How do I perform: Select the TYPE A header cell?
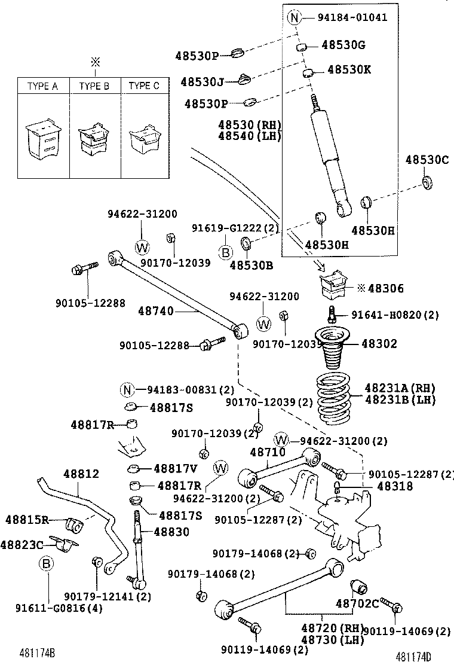[42, 86]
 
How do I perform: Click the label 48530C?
[427, 160]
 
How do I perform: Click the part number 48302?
[378, 344]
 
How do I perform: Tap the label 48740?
[156, 311]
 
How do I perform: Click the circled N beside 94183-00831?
[127, 390]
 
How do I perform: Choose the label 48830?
[171, 532]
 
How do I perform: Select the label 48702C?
[357, 603]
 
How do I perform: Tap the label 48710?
[268, 453]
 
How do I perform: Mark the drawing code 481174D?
[415, 656]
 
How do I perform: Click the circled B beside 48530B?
[225, 253]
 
